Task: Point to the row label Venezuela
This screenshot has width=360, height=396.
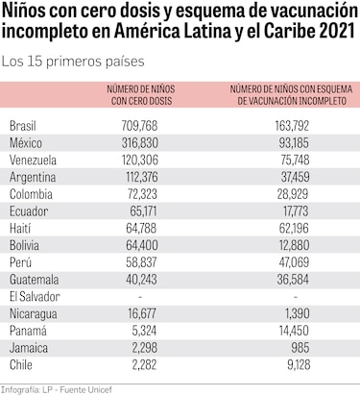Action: [x=34, y=160]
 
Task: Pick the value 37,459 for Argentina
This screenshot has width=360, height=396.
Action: [x=292, y=177]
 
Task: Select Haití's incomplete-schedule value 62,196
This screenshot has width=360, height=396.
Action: [x=292, y=228]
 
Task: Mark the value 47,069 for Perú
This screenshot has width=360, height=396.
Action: [x=292, y=261]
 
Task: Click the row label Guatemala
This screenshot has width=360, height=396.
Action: [x=35, y=279]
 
